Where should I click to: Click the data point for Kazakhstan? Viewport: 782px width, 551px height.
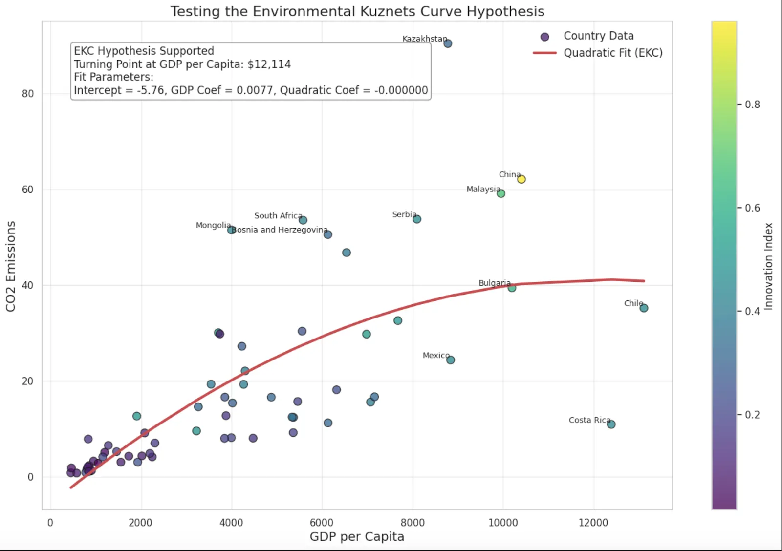coord(448,43)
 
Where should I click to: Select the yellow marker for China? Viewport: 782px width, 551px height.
coord(521,179)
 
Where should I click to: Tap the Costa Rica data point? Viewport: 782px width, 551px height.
coord(611,424)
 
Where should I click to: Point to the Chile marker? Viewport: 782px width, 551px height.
coord(644,308)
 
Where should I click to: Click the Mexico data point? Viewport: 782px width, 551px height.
coord(451,360)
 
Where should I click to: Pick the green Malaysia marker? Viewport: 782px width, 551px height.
coord(501,193)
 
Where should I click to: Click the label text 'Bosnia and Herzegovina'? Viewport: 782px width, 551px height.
coord(279,230)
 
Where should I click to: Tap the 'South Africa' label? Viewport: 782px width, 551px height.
coord(278,215)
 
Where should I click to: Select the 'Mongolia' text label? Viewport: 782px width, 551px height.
coord(213,225)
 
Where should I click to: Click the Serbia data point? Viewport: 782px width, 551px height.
coord(417,219)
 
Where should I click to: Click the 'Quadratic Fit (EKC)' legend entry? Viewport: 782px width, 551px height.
coord(612,53)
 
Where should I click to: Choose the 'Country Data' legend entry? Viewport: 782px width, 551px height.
coord(598,36)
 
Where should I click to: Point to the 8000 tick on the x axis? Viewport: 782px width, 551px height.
coord(413,523)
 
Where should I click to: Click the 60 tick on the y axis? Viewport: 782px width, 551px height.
coord(28,190)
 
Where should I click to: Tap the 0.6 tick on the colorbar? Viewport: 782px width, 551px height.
coord(752,208)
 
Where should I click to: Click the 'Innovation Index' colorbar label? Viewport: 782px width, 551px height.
coord(768,266)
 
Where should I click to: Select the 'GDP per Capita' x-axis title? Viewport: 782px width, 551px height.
coord(357,536)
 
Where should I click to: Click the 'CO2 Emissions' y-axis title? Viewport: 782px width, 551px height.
coord(11,266)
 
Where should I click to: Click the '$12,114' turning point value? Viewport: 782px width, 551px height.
coord(269,64)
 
